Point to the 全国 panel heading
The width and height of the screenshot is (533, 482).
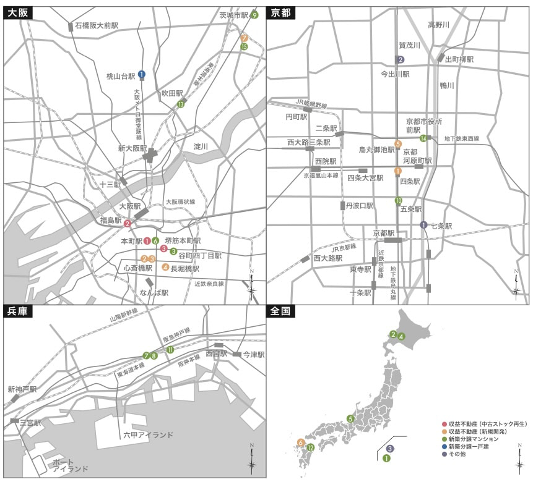pos(282,311)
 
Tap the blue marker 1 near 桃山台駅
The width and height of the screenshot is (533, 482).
pos(142,74)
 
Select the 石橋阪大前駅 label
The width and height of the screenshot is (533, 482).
pos(97,25)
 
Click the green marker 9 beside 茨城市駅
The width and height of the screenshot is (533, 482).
pos(254,15)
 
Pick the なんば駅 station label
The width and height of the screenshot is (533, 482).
pos(154,293)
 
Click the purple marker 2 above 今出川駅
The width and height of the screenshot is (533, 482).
pos(401,59)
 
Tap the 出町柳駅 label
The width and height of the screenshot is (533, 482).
pos(459,59)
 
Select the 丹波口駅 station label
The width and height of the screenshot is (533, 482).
pos(360,205)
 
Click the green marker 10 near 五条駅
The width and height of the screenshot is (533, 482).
pos(399,200)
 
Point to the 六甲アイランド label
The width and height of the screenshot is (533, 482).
pos(148,435)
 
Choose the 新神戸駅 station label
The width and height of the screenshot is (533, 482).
pos(22,389)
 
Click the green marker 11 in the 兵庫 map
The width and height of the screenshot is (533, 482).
pos(170,350)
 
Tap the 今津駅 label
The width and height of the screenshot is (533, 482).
pos(253,355)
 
